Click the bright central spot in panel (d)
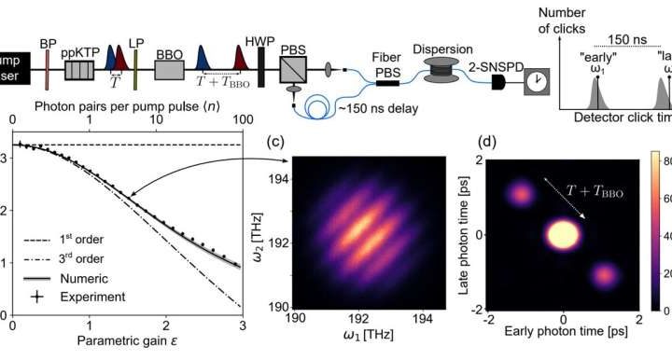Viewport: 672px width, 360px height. [562, 234]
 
